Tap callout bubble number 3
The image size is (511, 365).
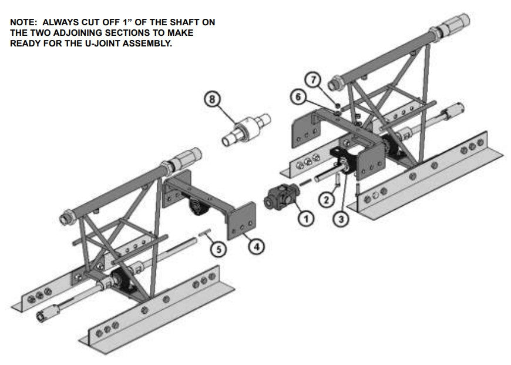click(x=341, y=219)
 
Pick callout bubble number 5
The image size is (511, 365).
click(x=218, y=249)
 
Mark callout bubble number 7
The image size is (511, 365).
click(x=314, y=79)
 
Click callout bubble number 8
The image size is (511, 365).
click(x=212, y=99)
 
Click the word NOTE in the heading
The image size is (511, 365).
click(x=23, y=22)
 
